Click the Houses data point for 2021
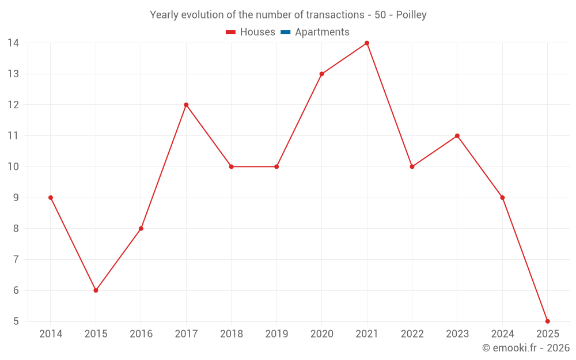tap(367, 43)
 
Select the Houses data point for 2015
tap(96, 290)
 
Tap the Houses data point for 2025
tap(547, 321)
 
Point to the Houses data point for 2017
tap(186, 105)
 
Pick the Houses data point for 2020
tap(321, 74)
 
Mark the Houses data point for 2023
tap(457, 136)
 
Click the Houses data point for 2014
tap(51, 198)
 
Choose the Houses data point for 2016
tap(141, 229)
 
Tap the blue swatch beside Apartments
tap(285, 32)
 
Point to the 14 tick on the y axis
tap(13, 43)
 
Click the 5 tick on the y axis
tap(16, 321)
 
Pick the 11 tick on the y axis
tap(13, 136)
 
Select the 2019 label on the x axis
tap(276, 334)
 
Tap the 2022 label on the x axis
tap(412, 334)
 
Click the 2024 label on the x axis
tap(502, 334)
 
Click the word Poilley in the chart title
tap(411, 15)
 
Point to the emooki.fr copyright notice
tap(526, 348)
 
